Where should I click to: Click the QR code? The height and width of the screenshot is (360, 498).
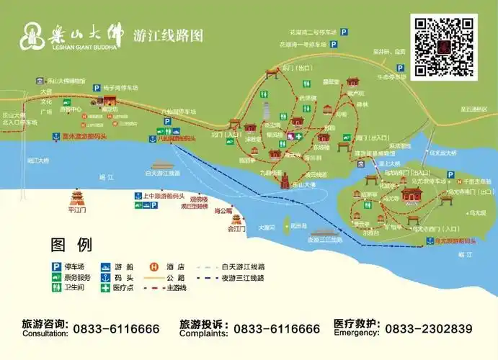tap(444, 45)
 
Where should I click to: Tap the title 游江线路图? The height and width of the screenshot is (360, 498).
tap(168, 35)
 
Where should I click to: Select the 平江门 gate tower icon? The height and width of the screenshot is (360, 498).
tap(77, 197)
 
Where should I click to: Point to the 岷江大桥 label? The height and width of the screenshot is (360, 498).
tap(38, 160)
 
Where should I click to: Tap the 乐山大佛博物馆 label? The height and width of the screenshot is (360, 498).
tap(65, 81)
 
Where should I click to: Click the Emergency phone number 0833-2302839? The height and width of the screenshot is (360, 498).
tap(428, 328)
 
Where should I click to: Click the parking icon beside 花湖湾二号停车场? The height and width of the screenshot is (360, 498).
tap(344, 32)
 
